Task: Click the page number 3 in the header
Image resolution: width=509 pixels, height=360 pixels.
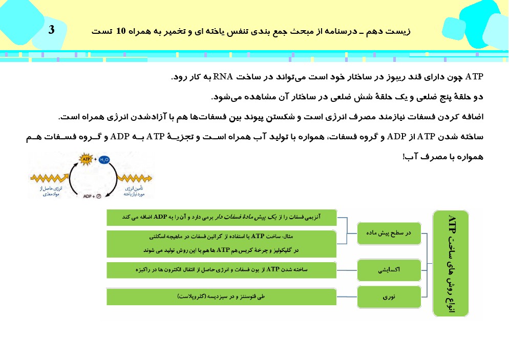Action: point(51,30)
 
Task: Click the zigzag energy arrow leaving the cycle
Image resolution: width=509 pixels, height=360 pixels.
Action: point(135,178)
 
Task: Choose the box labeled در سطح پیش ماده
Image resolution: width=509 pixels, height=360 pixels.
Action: point(388,233)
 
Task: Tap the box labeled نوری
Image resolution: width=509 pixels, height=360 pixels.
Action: point(388,297)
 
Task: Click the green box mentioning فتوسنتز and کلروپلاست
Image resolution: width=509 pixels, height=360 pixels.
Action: point(221,297)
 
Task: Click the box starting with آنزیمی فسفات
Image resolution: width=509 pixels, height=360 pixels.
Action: point(221,217)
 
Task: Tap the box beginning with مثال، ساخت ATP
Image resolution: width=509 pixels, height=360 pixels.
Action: point(221,243)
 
